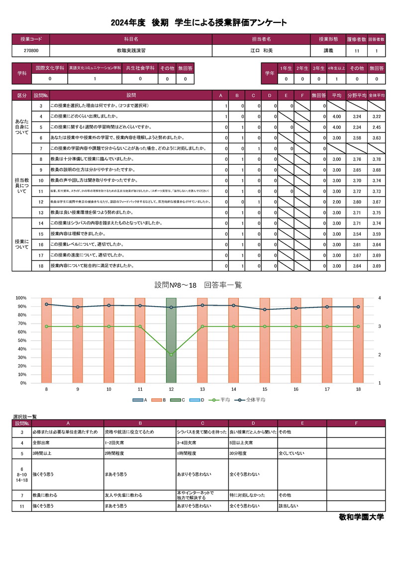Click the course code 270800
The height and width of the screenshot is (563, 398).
tap(31, 51)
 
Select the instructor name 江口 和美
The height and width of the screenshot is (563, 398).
tap(261, 51)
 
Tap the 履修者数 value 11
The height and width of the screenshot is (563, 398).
tap(357, 51)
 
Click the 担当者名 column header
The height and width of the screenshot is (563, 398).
tap(261, 39)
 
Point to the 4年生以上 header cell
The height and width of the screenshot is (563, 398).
tap(336, 68)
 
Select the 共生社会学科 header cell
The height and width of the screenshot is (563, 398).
tap(140, 68)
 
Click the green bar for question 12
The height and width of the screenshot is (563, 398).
tap(171, 340)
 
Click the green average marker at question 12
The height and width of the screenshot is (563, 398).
tap(171, 354)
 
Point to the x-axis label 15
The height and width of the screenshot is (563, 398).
tap(265, 389)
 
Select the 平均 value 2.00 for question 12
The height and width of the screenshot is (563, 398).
tap(336, 202)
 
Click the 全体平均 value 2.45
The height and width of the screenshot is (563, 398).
tap(377, 127)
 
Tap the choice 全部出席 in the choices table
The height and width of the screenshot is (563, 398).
tap(41, 443)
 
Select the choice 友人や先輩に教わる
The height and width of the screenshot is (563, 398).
tap(123, 495)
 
